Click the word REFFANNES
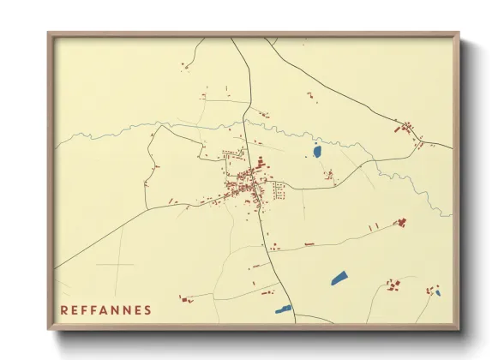pos(106,309)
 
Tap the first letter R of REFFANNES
pos(64,309)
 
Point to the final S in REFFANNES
pos(148,309)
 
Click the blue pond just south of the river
pos(317,152)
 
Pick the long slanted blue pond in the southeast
pos(339,278)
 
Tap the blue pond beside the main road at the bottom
pos(283,309)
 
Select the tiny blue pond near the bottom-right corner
pos(437,293)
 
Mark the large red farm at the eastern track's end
pos(399,222)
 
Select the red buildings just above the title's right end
pos(183,299)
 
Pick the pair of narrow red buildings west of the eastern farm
pos(373,226)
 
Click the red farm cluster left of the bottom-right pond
pos(393,284)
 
